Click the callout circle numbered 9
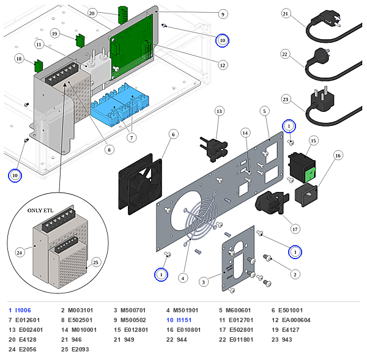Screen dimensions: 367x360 (223, 14)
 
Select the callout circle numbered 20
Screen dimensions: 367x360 (92, 13)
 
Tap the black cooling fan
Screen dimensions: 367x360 (140, 184)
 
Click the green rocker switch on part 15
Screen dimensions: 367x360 (310, 174)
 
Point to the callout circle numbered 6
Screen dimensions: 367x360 (173, 134)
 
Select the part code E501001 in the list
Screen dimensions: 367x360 (291, 310)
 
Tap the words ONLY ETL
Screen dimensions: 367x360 (40, 210)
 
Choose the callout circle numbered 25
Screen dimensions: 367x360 (96, 262)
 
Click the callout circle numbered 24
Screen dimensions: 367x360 (20, 252)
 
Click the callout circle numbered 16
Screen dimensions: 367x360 (338, 156)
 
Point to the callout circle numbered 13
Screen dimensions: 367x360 (219, 111)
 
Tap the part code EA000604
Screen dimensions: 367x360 (296, 320)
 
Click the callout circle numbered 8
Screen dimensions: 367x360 (109, 150)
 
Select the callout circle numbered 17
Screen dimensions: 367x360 (295, 229)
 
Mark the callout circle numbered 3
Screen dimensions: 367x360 (203, 282)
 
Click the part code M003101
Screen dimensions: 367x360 (81, 310)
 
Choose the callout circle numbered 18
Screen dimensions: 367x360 (19, 59)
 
